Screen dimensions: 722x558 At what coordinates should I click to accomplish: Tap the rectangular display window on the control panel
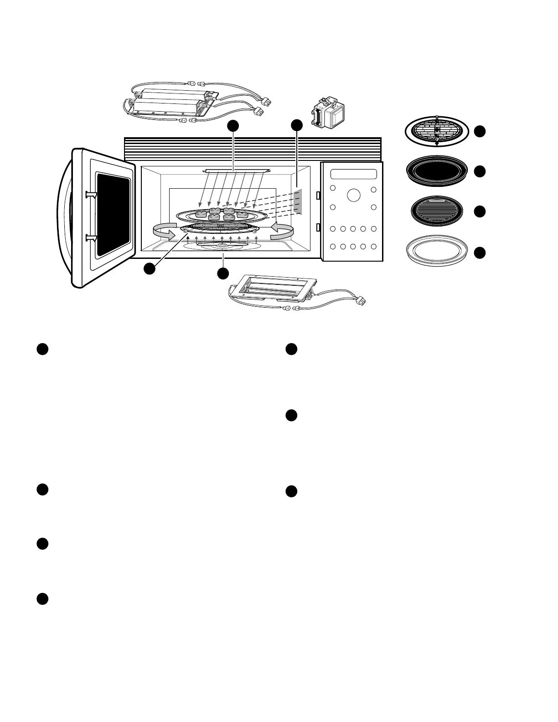(x=354, y=175)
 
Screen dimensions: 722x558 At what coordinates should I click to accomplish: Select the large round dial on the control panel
(x=353, y=195)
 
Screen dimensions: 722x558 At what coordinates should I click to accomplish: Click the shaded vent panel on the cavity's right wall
(x=298, y=202)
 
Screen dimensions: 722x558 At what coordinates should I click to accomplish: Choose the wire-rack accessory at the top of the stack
(x=437, y=132)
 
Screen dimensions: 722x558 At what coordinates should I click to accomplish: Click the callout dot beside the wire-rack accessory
(x=479, y=132)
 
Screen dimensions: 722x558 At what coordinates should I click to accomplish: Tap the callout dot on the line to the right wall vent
(x=297, y=125)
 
